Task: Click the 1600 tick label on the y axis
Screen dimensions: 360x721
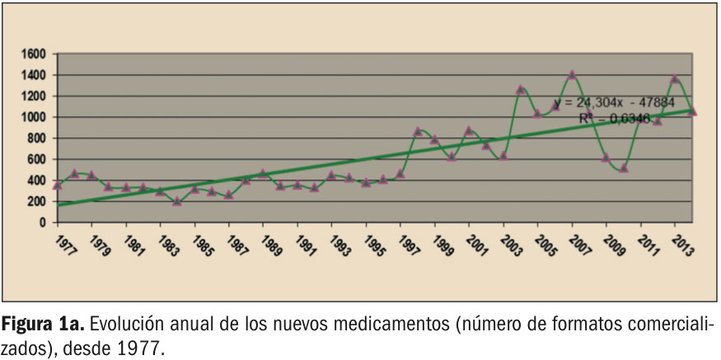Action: point(35,54)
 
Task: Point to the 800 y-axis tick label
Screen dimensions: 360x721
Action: point(39,138)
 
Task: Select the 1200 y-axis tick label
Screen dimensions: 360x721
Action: point(35,96)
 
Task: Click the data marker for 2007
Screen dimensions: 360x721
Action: point(572,75)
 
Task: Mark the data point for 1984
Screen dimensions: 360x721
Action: point(177,201)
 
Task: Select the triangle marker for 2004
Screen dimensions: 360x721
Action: point(521,89)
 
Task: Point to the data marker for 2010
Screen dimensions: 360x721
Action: point(624,168)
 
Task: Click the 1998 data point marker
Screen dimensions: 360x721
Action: point(418,131)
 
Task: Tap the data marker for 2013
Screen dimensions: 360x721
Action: point(675,79)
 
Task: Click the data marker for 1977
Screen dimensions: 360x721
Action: point(57,185)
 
